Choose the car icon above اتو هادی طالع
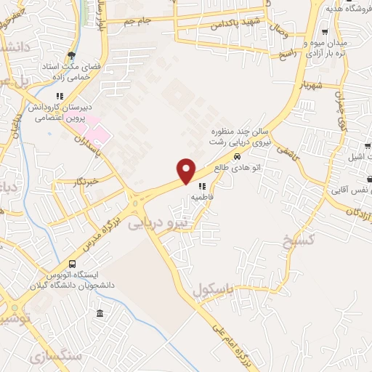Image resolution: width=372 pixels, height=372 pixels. (x=237, y=157)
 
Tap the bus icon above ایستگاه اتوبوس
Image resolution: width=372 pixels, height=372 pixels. (x=72, y=264)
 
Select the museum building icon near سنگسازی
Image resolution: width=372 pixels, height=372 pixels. (x=100, y=313)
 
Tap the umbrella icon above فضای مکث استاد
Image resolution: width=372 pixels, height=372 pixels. (x=70, y=54)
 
